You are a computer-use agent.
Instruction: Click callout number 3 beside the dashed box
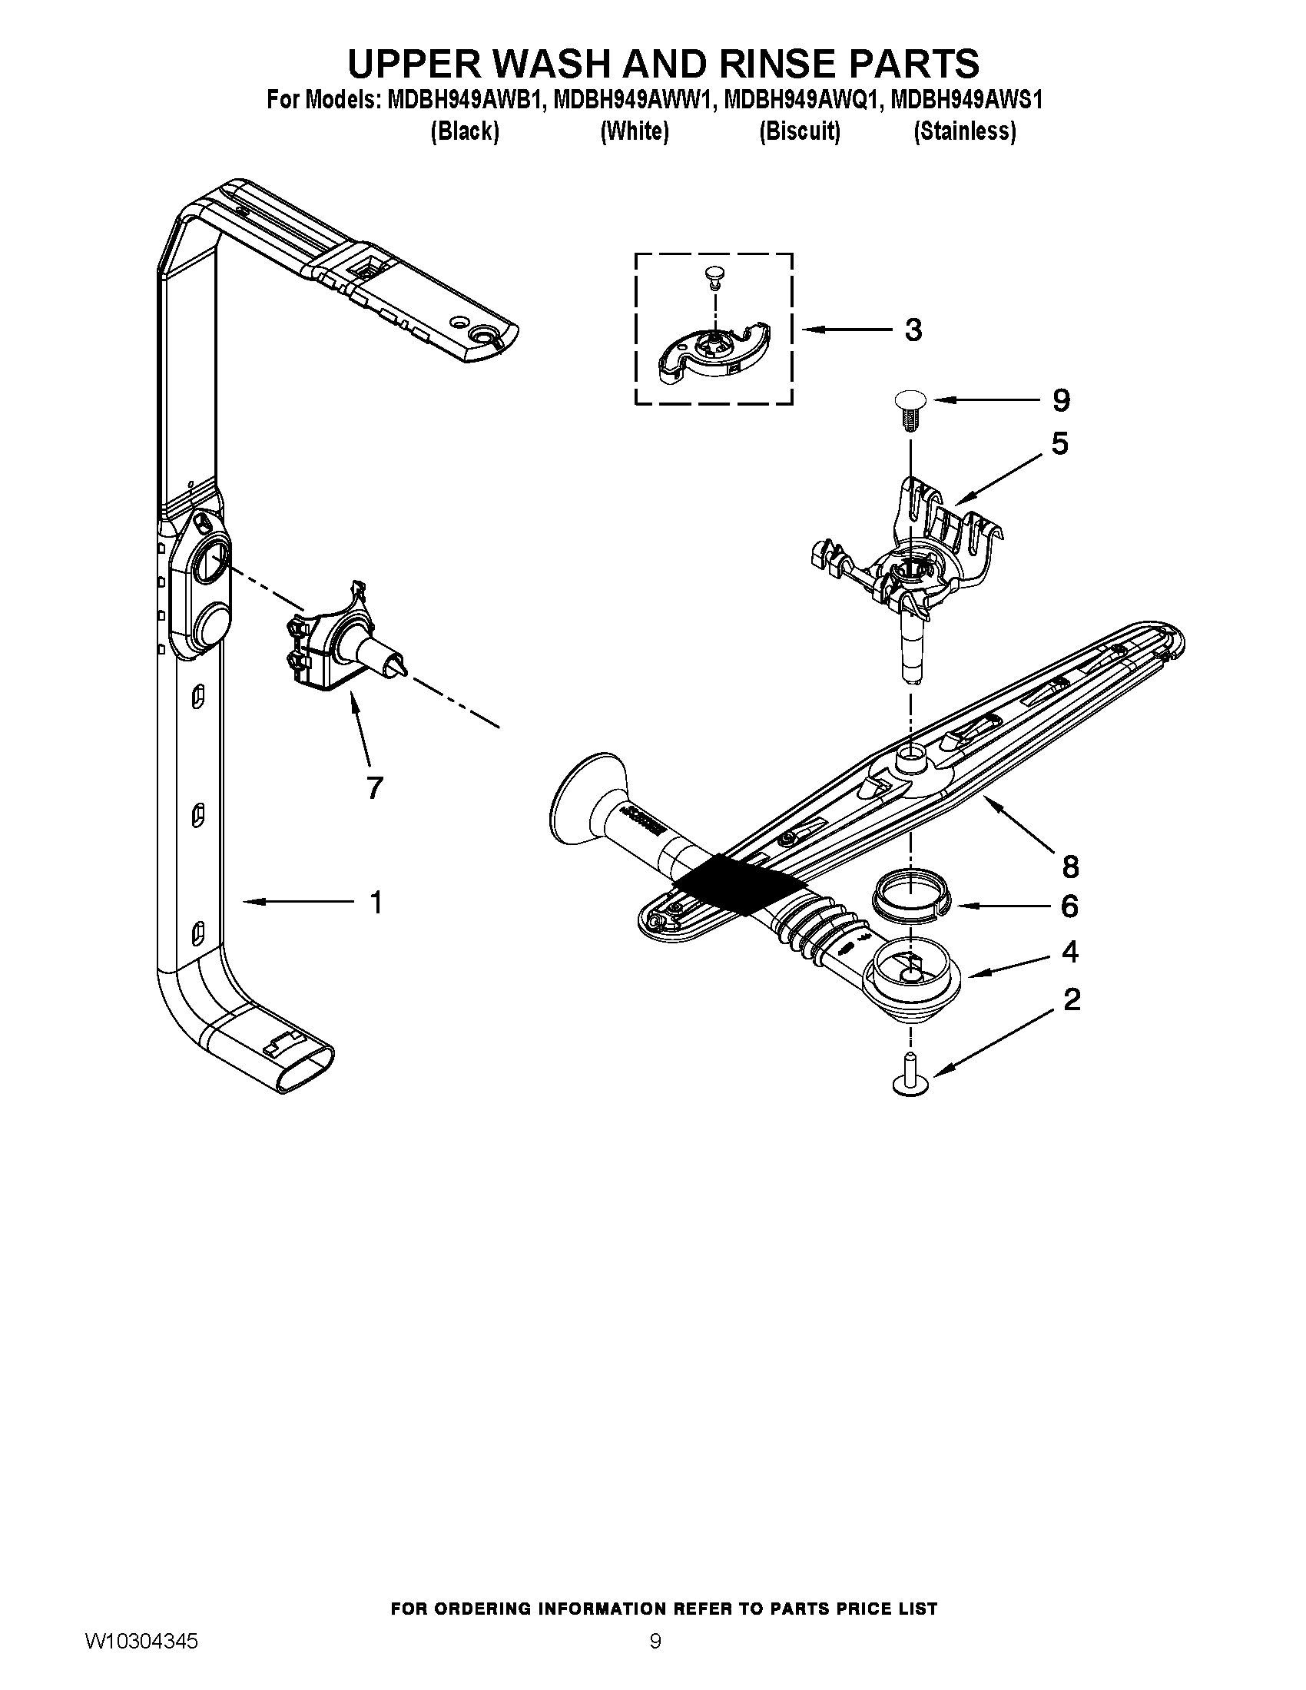[x=913, y=330]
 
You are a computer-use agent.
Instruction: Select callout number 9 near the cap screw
[x=1061, y=400]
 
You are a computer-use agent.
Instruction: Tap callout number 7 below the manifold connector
[x=373, y=787]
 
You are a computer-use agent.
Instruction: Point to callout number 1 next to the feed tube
[x=376, y=903]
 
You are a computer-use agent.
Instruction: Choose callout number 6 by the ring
[x=1069, y=906]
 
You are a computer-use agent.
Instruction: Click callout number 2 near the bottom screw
[x=1072, y=1000]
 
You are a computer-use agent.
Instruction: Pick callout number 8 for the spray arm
[x=1070, y=867]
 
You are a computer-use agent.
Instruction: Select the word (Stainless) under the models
[x=964, y=131]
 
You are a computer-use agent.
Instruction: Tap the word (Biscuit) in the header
[x=799, y=131]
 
